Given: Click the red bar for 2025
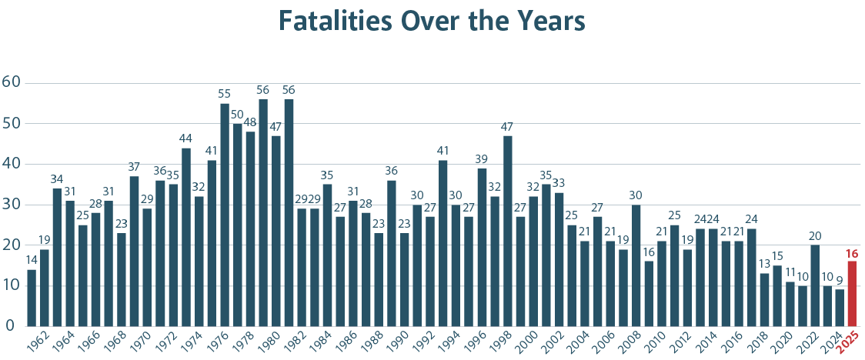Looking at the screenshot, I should click(x=852, y=293).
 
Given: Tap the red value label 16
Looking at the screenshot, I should click(x=852, y=253).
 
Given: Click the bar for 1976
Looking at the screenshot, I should click(x=225, y=215).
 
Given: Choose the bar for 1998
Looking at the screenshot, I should click(x=507, y=231).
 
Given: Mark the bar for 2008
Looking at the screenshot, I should click(x=636, y=265).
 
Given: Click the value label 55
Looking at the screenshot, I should click(x=225, y=95).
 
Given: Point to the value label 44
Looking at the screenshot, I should click(x=185, y=139).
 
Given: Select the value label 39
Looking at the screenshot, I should click(x=482, y=159).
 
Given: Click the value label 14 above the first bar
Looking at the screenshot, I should click(x=31, y=261).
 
